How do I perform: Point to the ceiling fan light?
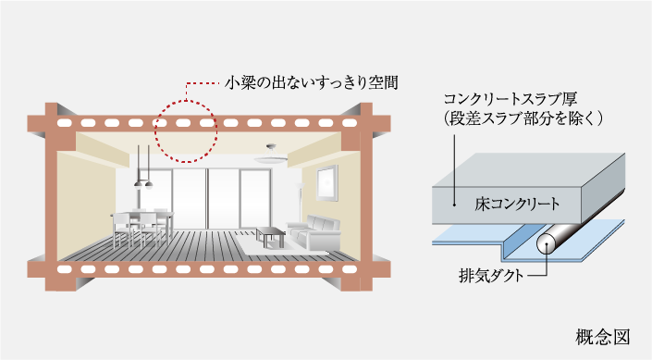click(x=270, y=155)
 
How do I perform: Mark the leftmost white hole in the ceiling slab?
click(x=65, y=122)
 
